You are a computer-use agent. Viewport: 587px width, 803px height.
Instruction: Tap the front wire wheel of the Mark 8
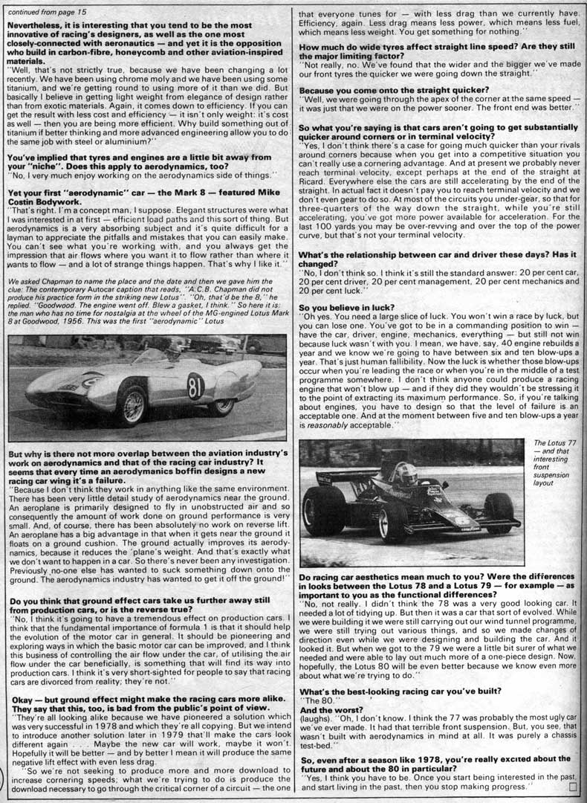click(133, 404)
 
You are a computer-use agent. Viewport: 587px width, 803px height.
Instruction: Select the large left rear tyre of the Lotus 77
click(324, 509)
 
